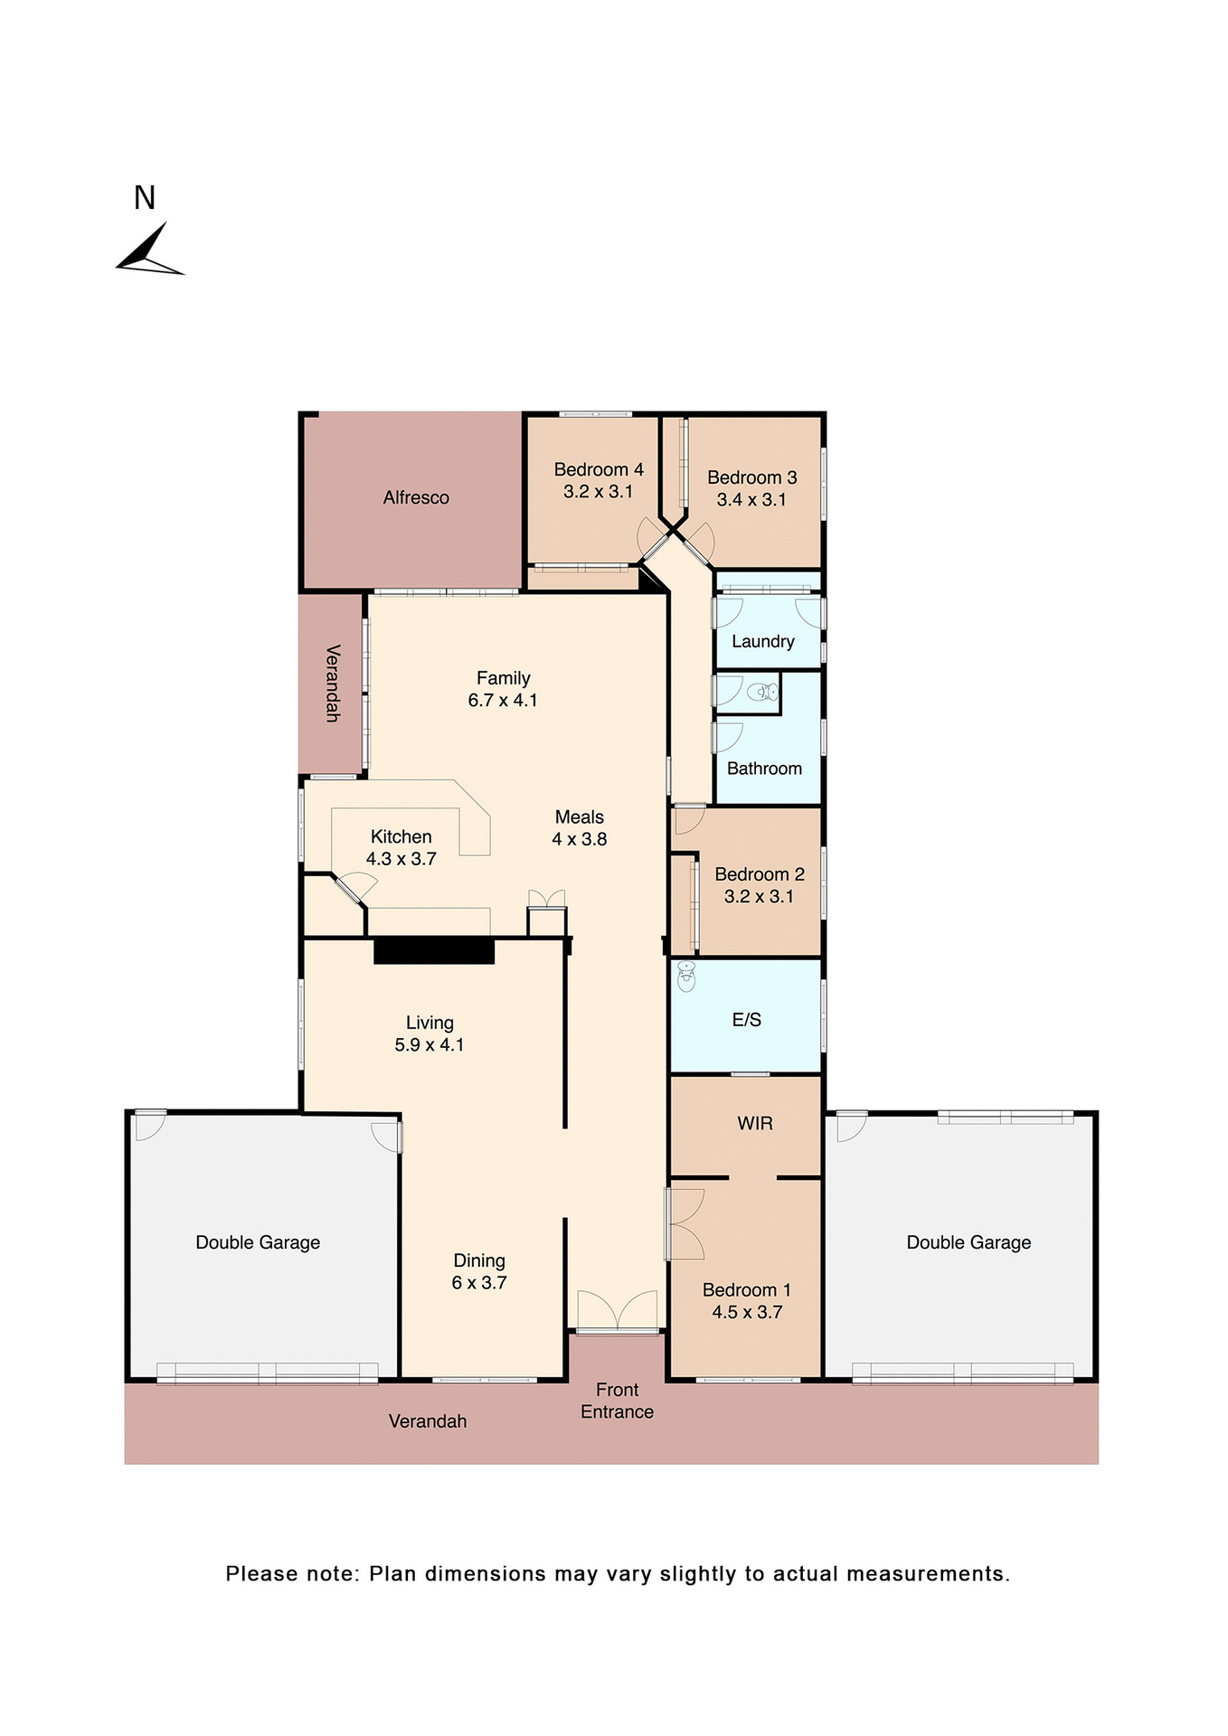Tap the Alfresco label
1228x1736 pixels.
[416, 497]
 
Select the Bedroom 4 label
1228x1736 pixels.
[599, 469]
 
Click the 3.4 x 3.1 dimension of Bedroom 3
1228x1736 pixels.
[751, 499]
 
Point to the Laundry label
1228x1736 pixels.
[763, 641]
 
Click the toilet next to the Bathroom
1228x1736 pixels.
[764, 693]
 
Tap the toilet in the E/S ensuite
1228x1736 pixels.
[686, 976]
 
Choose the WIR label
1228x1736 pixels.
[755, 1123]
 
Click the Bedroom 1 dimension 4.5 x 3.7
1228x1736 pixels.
[747, 1312]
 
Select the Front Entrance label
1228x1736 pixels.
[617, 1401]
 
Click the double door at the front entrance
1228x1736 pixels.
[618, 1310]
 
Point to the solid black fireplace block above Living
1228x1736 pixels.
[434, 951]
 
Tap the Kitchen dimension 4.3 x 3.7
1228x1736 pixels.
[401, 859]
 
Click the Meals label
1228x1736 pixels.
[580, 816]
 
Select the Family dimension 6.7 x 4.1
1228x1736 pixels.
[503, 700]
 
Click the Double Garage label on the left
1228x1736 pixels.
[258, 1242]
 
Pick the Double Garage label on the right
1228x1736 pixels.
[968, 1242]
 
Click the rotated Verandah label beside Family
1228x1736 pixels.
[333, 684]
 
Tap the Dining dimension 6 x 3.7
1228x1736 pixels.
[479, 1282]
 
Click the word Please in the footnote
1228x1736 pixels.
[261, 1574]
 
